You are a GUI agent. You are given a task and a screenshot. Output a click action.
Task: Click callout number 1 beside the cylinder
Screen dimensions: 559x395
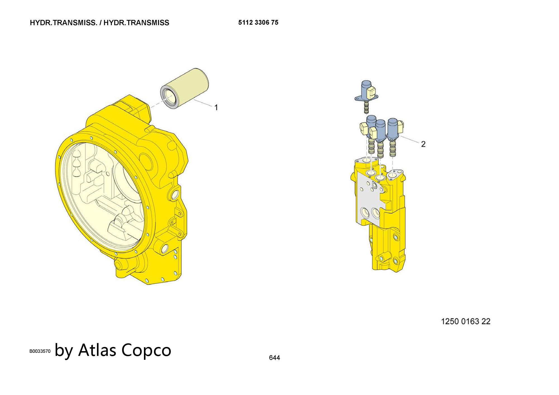pos(216,108)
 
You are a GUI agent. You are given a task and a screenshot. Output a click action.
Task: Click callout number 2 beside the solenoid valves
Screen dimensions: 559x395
pos(423,144)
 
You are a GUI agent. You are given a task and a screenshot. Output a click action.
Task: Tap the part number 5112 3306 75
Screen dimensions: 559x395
pos(258,23)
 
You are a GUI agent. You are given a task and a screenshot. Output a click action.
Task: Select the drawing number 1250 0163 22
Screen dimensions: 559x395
pos(466,322)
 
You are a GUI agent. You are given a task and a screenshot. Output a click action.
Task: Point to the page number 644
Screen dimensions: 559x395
pos(274,358)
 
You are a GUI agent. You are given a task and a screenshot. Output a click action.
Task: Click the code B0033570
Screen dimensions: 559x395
pos(40,351)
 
